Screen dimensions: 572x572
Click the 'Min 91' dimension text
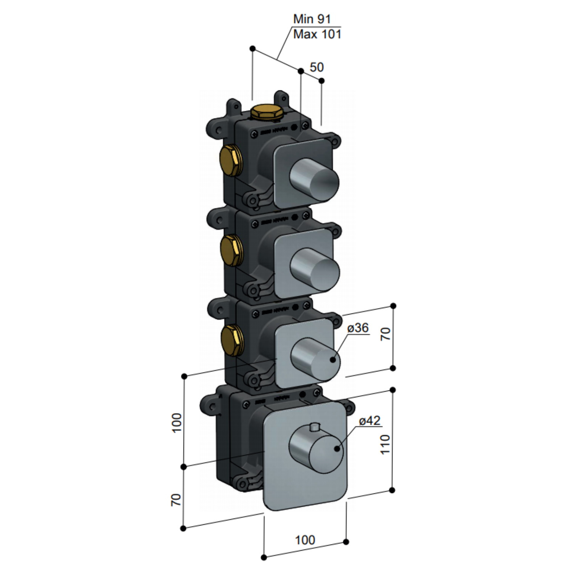click(x=312, y=19)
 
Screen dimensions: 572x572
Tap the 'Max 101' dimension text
click(x=317, y=34)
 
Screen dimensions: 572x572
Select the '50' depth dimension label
click(x=317, y=67)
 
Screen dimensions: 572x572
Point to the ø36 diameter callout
click(x=358, y=328)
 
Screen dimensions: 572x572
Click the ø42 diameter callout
click(x=370, y=421)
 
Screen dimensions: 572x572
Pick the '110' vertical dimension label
click(x=385, y=444)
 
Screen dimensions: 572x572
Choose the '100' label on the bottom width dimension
click(x=305, y=540)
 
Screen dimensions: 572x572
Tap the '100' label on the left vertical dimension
click(x=177, y=423)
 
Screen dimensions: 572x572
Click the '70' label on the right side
click(x=386, y=334)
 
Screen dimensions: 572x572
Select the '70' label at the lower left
click(x=176, y=500)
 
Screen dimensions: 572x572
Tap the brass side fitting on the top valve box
click(x=230, y=161)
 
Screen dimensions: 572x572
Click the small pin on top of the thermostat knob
click(x=315, y=427)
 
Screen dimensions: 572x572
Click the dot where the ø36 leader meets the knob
click(x=333, y=359)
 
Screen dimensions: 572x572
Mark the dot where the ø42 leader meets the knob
click(x=337, y=449)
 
